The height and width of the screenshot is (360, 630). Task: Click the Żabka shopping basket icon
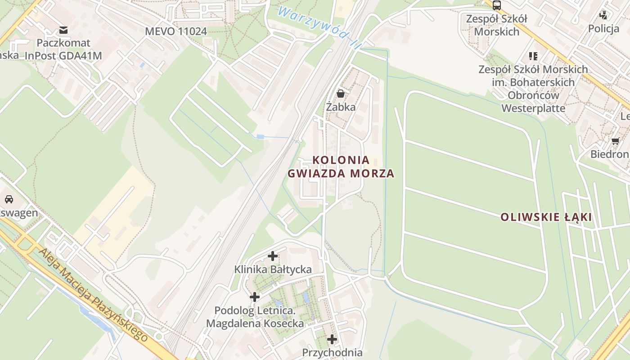tap(341, 94)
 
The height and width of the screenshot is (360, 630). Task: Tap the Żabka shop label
tap(341, 107)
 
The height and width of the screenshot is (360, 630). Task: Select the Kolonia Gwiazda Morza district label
tap(341, 166)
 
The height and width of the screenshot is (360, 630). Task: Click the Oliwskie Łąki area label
tap(546, 217)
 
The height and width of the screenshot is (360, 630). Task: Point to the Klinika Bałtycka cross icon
tap(273, 256)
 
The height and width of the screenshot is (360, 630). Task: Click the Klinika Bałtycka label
tap(273, 270)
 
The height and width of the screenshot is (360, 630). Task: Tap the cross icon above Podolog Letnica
tap(255, 297)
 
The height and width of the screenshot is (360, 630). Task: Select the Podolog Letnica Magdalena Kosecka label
tap(255, 317)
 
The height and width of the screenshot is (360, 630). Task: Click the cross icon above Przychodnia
tap(332, 339)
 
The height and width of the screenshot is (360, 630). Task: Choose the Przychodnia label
tap(332, 352)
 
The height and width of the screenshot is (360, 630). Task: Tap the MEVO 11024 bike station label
tap(176, 31)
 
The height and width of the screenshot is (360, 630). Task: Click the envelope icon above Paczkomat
tap(63, 30)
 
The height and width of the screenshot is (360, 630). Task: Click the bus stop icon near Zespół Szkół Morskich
tap(497, 5)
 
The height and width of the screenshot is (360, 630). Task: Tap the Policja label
tap(603, 29)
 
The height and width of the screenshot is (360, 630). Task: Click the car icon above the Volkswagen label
tap(9, 199)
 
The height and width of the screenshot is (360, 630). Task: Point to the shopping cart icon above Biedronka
tap(615, 141)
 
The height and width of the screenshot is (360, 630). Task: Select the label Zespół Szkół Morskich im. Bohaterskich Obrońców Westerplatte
tap(533, 89)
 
